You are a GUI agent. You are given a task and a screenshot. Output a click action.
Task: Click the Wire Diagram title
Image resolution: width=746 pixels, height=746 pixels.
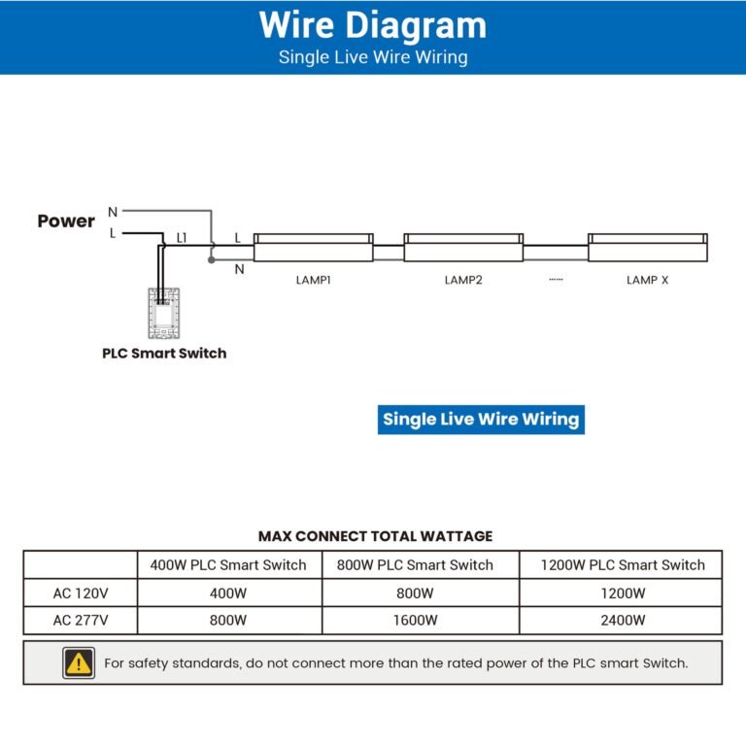pos(373,25)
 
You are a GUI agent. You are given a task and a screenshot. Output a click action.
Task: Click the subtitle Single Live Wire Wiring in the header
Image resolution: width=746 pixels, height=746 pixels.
pos(373,56)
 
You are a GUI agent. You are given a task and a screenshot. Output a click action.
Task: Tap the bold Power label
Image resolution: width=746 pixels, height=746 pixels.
pos(66,220)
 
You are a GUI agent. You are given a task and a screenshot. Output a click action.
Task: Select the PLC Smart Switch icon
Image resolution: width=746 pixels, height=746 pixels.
pos(164,312)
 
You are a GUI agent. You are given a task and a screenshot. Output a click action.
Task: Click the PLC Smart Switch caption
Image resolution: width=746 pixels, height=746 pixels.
pos(164,354)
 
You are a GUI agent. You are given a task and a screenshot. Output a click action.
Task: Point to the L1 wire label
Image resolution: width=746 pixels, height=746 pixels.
pos(182,238)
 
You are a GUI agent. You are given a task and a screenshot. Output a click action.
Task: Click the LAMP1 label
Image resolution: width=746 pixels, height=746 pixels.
pos(314,280)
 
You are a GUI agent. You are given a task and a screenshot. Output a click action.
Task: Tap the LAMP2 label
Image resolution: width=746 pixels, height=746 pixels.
pos(463,280)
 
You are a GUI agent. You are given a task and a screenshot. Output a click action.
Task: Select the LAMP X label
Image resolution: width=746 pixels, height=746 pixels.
pos(647,280)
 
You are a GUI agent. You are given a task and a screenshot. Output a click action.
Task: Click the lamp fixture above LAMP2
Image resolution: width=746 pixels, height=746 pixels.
pos(463,247)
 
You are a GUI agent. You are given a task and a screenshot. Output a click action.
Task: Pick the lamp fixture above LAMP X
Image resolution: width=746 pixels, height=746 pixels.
pos(647,247)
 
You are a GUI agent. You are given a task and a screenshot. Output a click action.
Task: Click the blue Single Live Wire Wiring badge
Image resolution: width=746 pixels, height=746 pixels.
pos(481,420)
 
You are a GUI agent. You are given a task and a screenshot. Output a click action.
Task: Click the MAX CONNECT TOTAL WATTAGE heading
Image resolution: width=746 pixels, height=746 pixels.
pos(375,536)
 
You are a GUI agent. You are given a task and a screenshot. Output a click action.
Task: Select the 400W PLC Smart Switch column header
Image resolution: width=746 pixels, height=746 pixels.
pos(228,564)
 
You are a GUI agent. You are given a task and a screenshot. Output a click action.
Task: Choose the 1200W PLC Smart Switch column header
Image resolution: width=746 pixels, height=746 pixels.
pos(623,564)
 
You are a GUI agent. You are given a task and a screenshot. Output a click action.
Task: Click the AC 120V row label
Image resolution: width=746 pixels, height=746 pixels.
pos(81,593)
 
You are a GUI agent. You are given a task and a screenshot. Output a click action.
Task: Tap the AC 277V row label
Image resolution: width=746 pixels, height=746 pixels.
pos(81,620)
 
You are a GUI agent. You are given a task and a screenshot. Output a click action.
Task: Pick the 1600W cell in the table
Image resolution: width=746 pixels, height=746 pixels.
pos(415,620)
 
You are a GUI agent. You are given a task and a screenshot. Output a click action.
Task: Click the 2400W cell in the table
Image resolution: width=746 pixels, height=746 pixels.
pos(623,620)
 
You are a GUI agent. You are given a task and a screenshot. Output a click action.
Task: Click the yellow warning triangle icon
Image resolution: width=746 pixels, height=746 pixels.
pos(79,663)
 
